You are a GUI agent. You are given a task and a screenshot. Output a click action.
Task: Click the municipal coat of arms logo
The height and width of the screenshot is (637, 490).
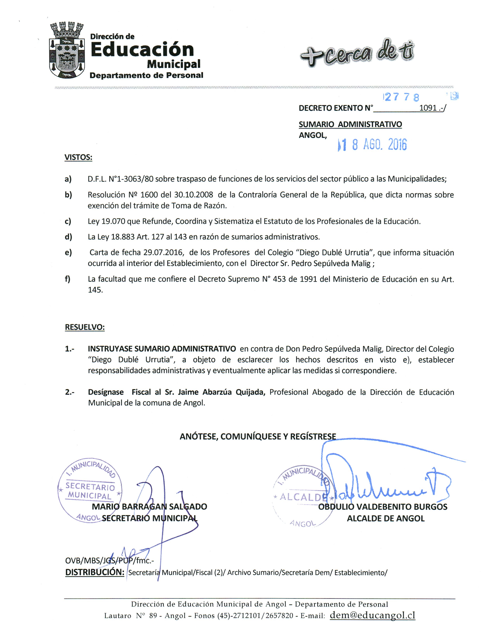pos(67,50)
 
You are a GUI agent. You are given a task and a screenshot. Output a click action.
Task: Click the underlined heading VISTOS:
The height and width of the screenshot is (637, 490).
pos(78,157)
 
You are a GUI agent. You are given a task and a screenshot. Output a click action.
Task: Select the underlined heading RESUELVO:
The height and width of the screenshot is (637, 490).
pos(85,327)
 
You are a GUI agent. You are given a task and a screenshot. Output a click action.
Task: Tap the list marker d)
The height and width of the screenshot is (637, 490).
pos(68,237)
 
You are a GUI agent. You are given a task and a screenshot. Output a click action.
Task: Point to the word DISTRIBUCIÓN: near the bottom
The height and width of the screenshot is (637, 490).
pos(95,572)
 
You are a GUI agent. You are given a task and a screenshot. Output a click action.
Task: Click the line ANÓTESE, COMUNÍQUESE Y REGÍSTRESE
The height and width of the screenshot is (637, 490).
pos(258,436)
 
